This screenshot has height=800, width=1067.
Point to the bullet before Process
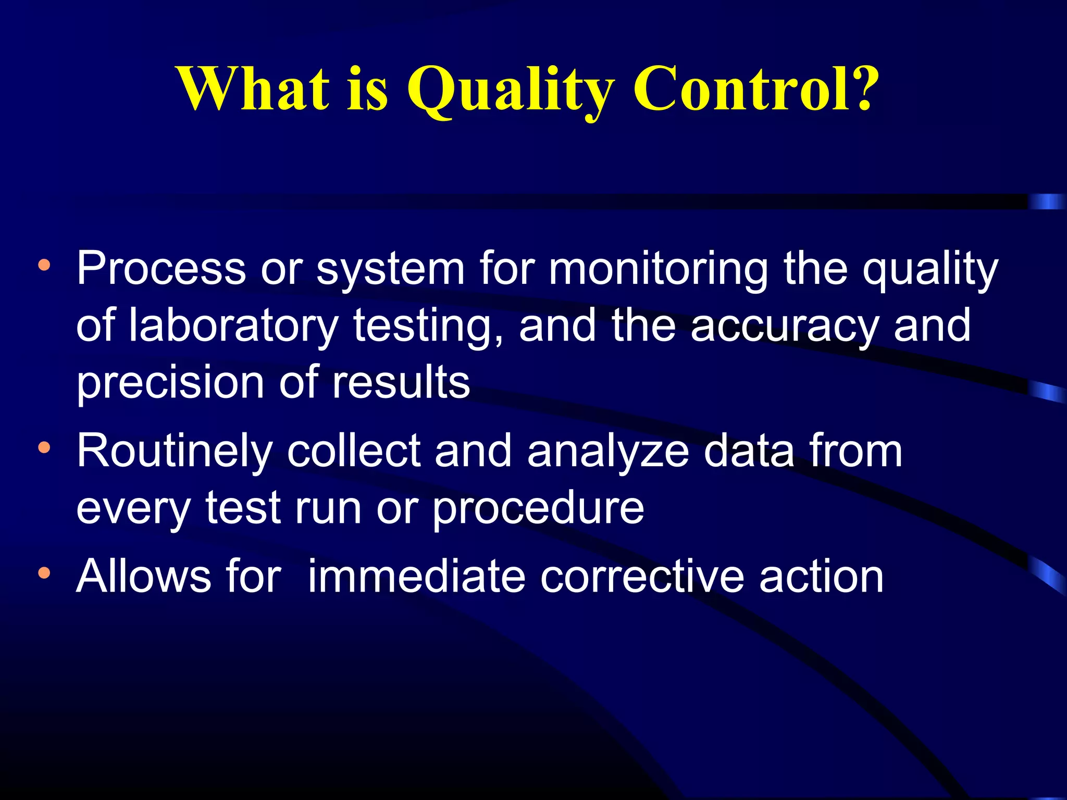[44, 265]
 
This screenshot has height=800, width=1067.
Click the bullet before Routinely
[44, 447]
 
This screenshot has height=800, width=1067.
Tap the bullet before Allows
[44, 573]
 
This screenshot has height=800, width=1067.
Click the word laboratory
[233, 326]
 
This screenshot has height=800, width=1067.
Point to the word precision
[170, 383]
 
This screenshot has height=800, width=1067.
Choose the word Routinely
[175, 452]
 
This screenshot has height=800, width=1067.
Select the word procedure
[538, 509]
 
